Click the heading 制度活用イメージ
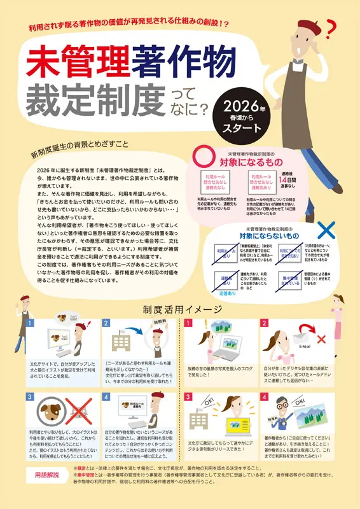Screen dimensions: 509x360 [181, 309]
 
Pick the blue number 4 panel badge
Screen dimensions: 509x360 [108, 396]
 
